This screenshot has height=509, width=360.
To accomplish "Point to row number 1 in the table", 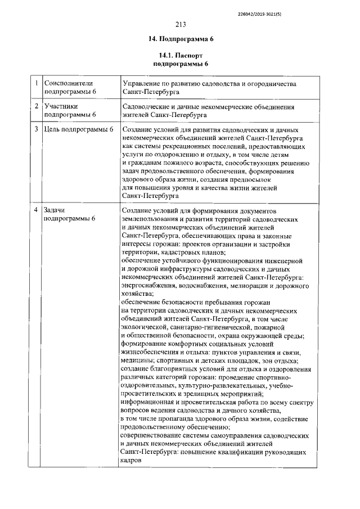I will (35, 83).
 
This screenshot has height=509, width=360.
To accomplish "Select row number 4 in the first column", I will (35, 210).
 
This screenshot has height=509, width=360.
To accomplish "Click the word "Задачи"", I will (55, 210).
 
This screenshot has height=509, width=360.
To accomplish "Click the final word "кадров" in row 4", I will (132, 460).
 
